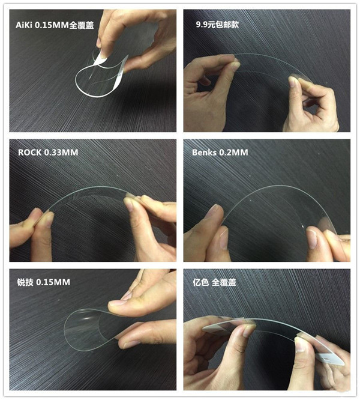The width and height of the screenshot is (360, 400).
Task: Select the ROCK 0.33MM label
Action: (x=48, y=153)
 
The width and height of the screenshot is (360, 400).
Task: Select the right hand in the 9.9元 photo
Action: (x=312, y=102)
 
